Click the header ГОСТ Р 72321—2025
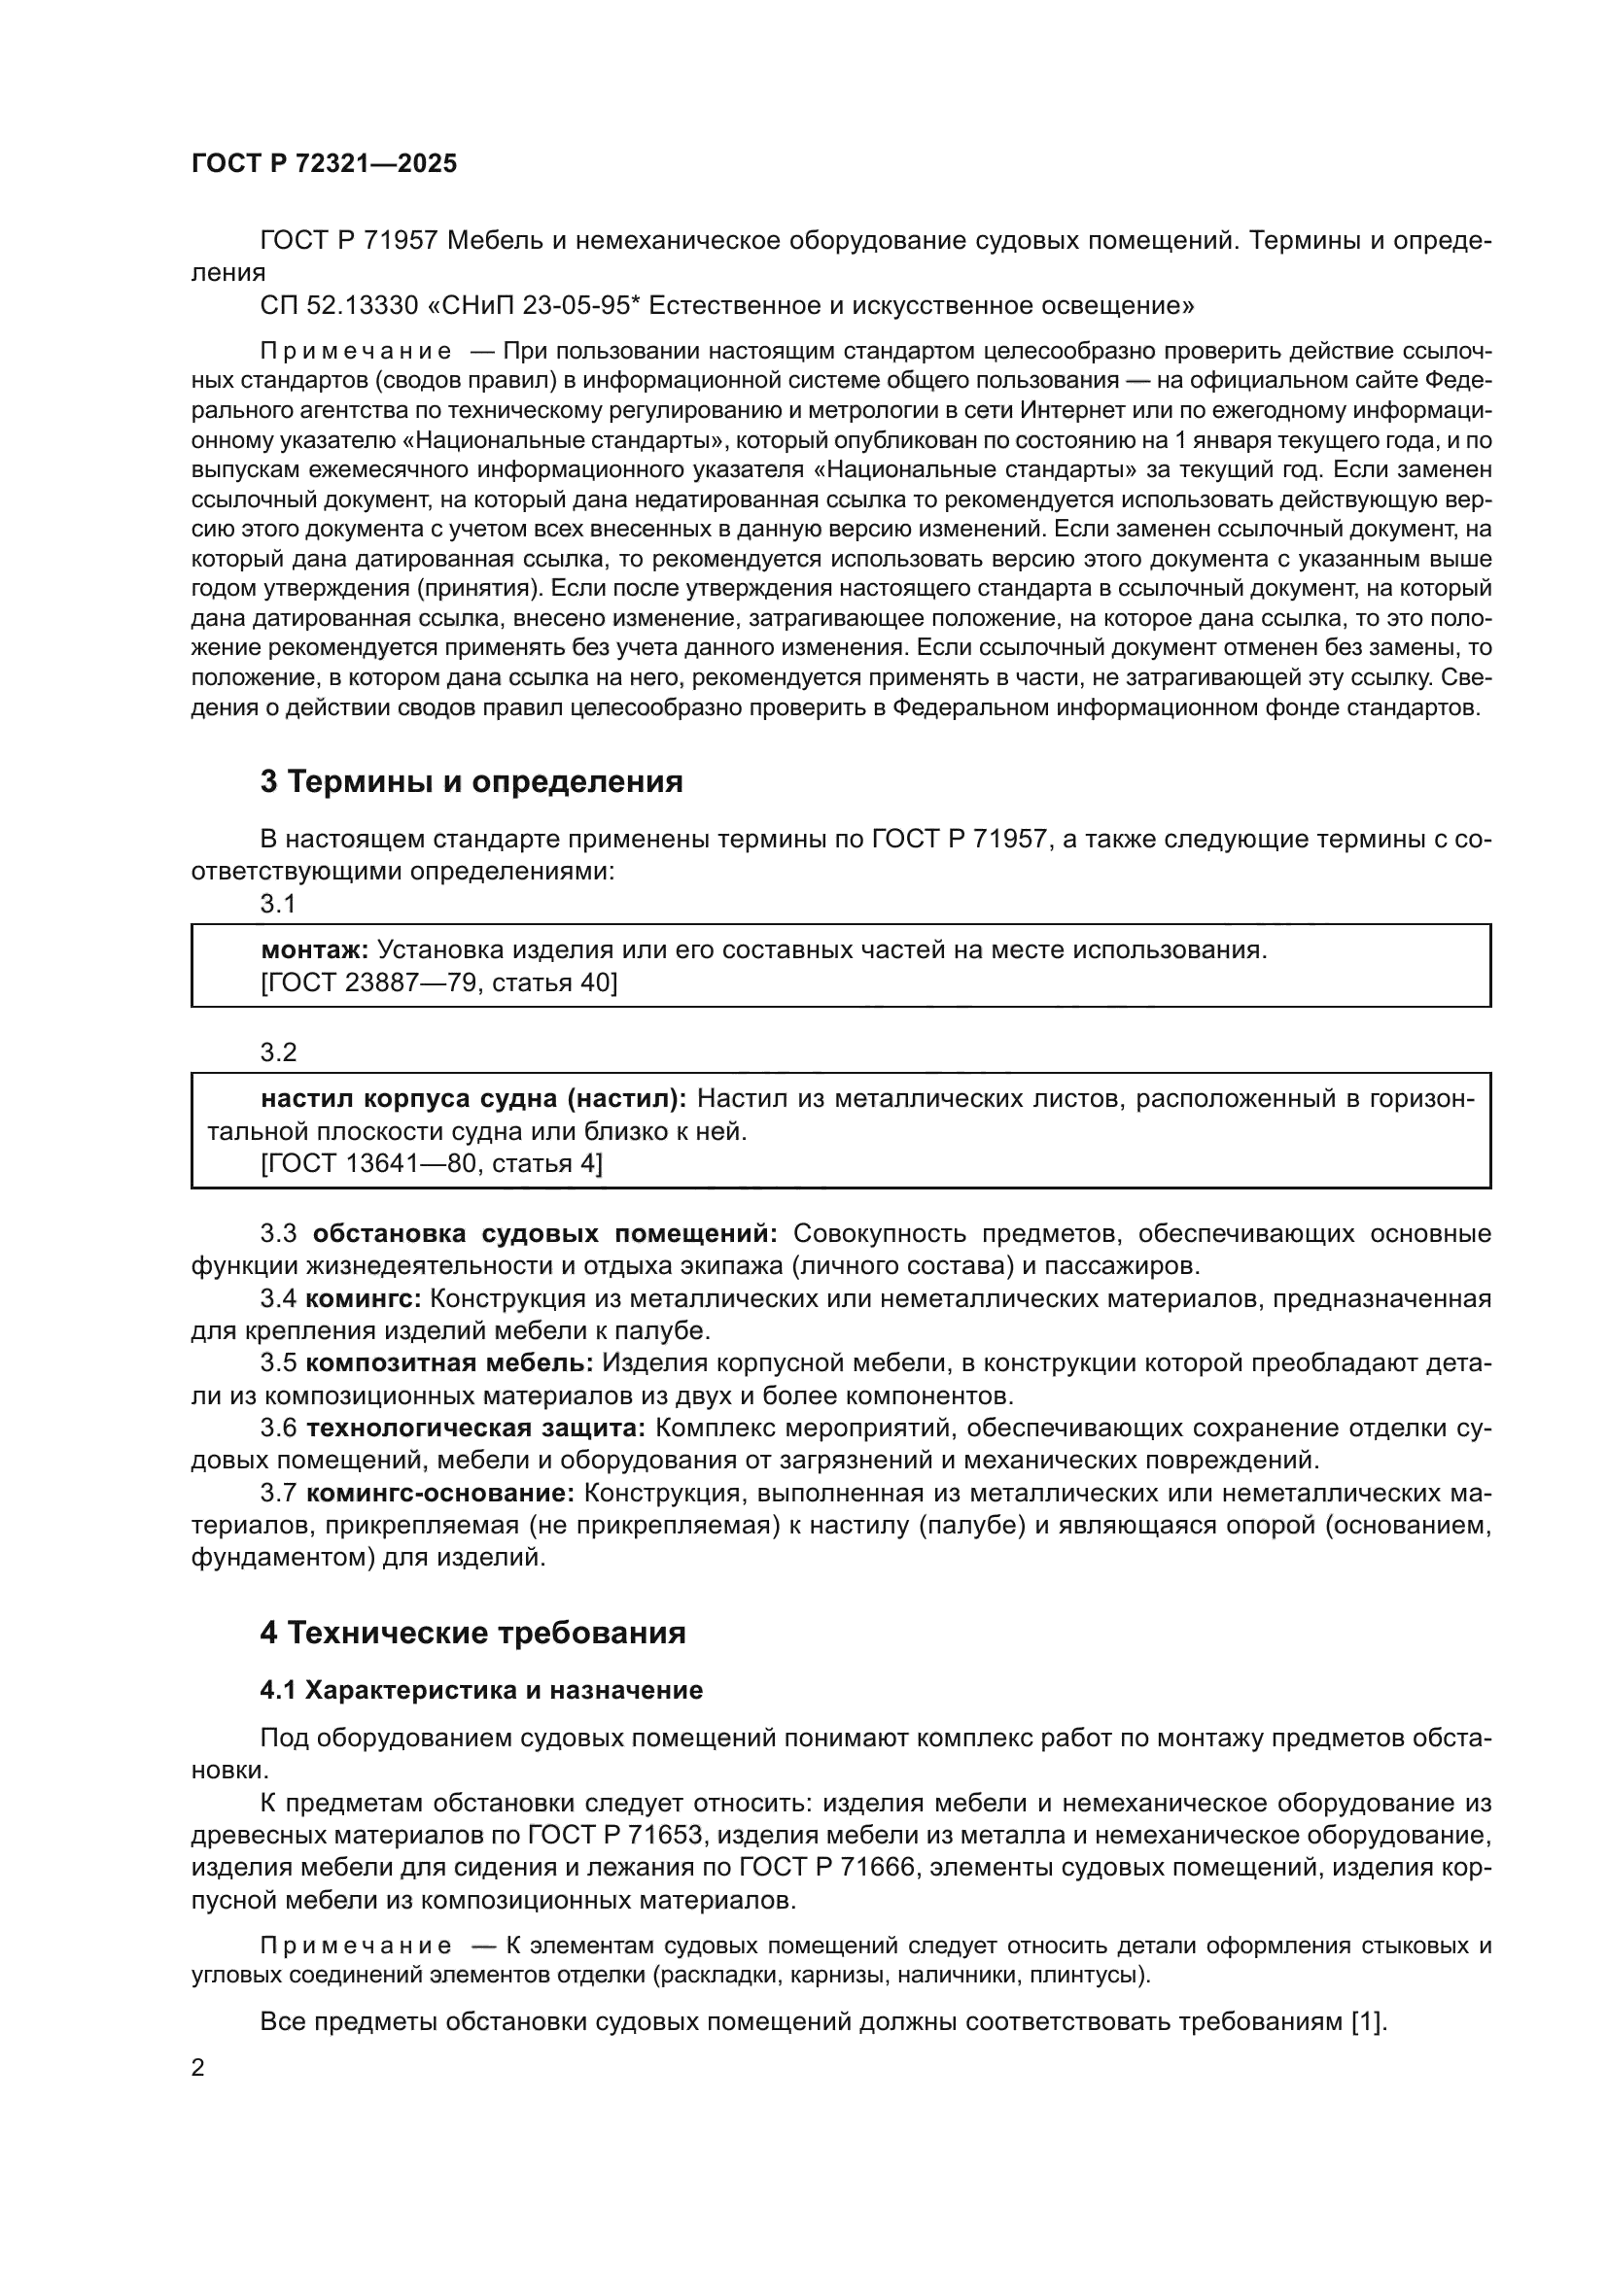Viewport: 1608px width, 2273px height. pos(324,163)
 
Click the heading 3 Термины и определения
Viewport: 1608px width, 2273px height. pos(472,781)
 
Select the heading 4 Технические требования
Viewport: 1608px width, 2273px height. pos(472,1633)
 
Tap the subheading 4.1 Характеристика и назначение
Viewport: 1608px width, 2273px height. pos(481,1690)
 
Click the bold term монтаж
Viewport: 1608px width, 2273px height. pos(314,950)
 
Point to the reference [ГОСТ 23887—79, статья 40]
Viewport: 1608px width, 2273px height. pos(438,983)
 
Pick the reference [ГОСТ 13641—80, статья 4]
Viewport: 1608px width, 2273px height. pos(432,1163)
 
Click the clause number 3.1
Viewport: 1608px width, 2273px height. pos(278,903)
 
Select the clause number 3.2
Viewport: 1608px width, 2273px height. pos(278,1052)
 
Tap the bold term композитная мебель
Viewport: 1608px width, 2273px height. pos(449,1363)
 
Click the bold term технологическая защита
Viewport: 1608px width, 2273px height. pos(476,1429)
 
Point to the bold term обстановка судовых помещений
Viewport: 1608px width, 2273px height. pos(545,1233)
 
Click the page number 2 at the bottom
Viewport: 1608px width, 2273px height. pos(198,2067)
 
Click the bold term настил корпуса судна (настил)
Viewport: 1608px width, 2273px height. pos(474,1099)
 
